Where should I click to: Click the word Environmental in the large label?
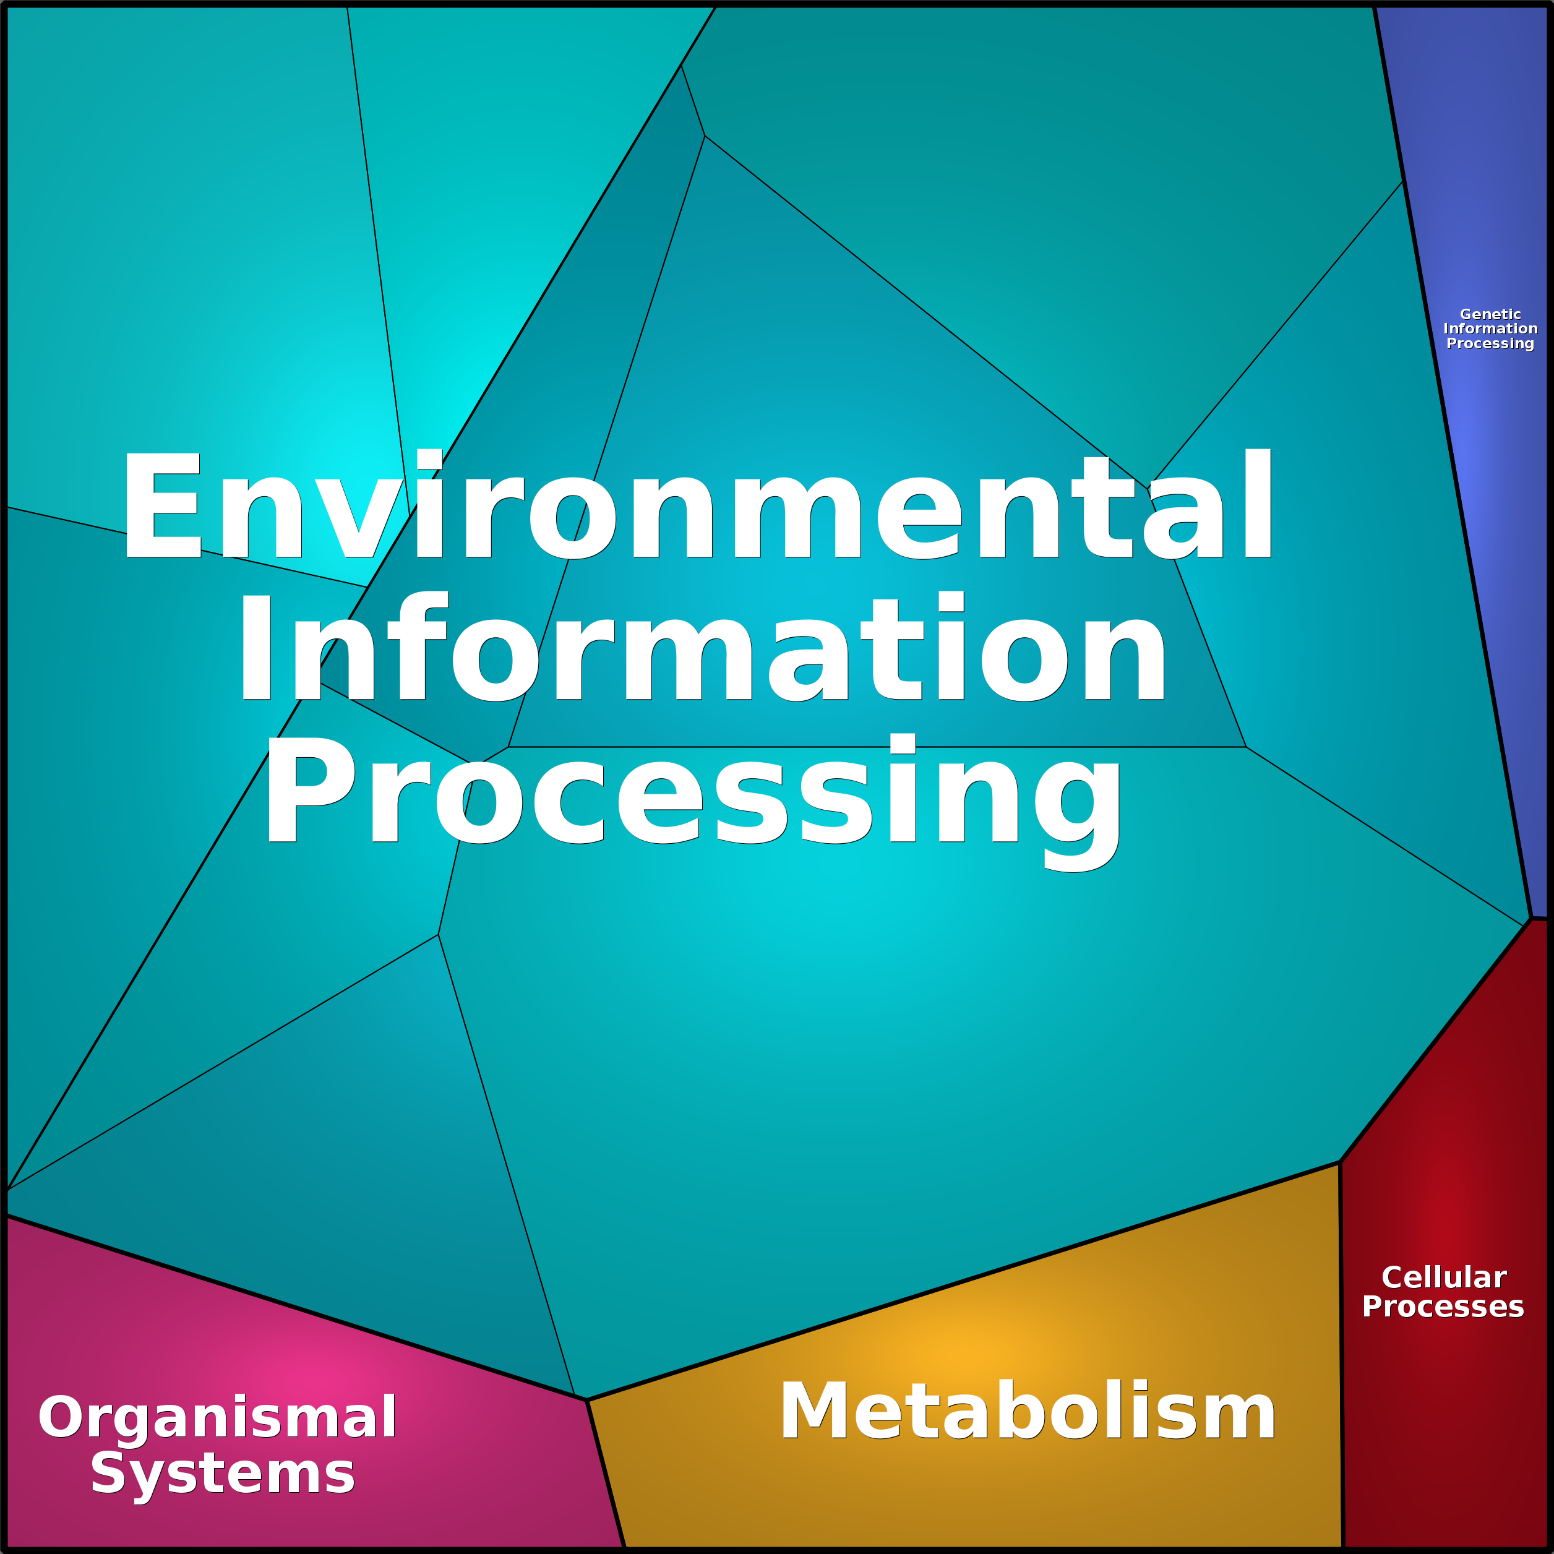point(697,504)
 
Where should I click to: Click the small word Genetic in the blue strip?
point(1490,314)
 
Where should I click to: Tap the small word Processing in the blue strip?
point(1490,343)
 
